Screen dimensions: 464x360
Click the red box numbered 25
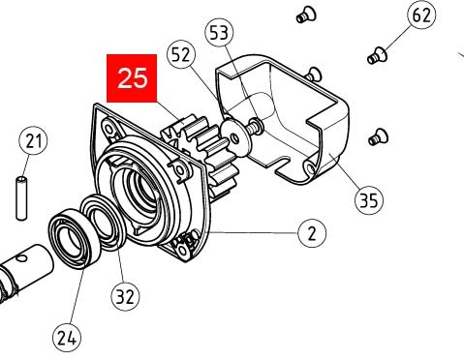(133, 78)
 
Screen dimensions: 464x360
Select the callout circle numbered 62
(421, 16)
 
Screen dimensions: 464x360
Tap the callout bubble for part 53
(220, 33)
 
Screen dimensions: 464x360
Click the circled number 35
(367, 200)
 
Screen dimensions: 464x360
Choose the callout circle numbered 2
(312, 233)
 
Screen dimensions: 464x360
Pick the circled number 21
(35, 142)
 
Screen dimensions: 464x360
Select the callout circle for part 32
(124, 296)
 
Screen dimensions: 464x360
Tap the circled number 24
(67, 337)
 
